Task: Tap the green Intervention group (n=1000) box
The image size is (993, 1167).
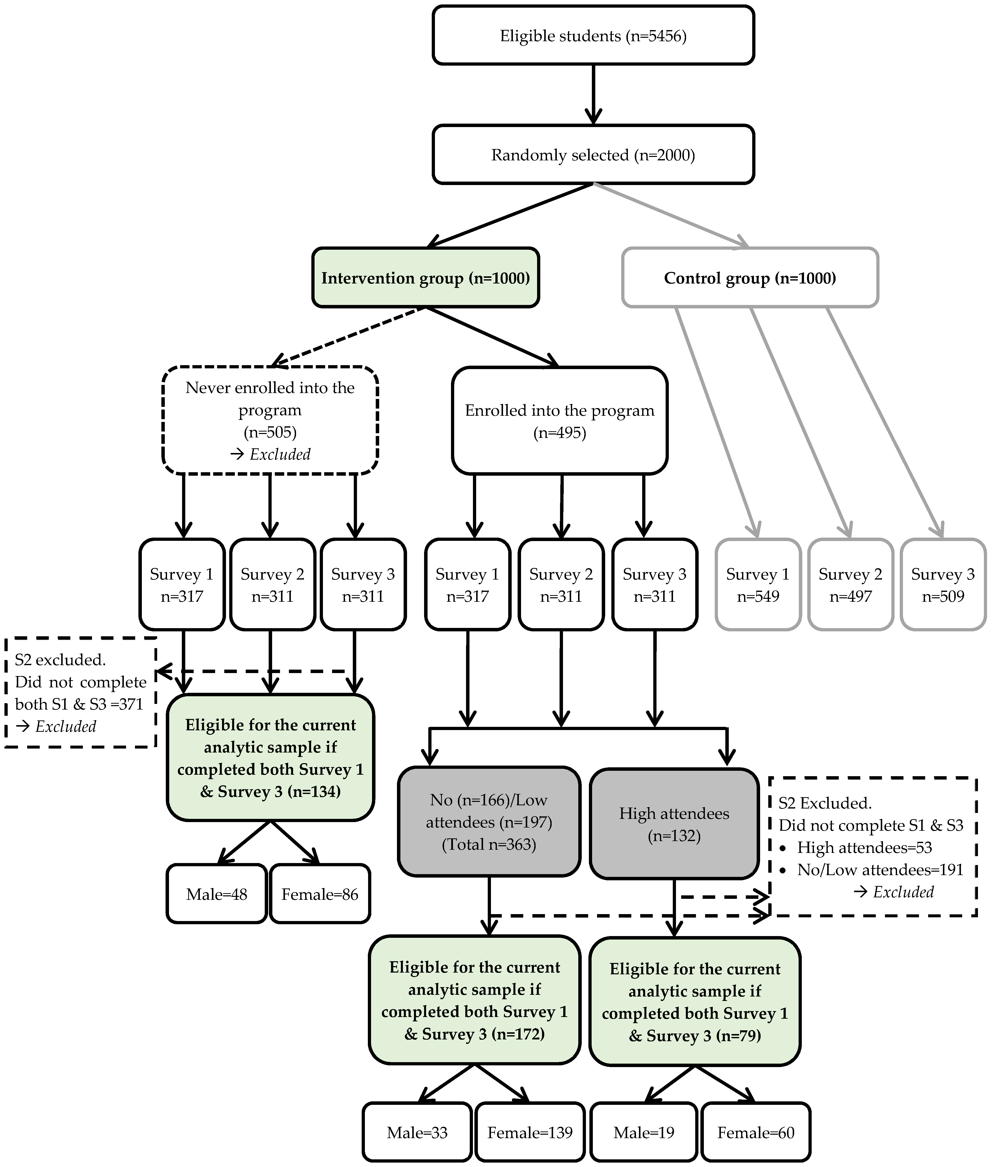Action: point(426,278)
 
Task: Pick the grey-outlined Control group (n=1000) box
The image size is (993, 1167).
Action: point(750,278)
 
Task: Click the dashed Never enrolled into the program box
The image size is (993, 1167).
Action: point(270,420)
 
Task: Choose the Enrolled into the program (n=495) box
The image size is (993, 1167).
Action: point(560,420)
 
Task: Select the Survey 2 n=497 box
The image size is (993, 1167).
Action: point(851,584)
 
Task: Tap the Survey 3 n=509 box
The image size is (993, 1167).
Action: point(943,584)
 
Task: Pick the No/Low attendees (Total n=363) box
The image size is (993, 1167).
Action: point(489,822)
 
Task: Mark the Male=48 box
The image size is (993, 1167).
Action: point(217,894)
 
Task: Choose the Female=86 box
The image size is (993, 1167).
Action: point(320,894)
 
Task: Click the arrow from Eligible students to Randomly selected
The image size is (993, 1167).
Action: point(593,94)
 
